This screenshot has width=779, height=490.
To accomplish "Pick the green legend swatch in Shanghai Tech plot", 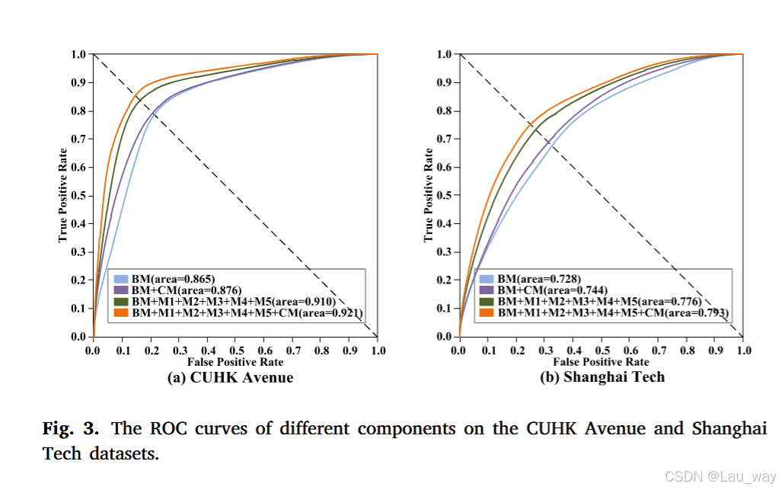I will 484,302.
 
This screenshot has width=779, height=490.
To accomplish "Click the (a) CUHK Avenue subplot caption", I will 230,377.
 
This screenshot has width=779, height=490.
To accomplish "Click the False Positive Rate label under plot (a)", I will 235,362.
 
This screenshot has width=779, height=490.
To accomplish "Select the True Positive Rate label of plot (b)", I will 429,195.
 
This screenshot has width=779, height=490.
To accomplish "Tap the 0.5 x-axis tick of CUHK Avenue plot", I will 235,351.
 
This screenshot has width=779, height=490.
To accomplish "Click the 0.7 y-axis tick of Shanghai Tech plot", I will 445,139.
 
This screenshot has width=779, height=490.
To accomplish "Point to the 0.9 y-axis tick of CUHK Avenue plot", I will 78,83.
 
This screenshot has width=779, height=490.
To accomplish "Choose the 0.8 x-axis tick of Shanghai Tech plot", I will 687,351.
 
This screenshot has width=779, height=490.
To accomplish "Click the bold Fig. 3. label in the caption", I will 70,428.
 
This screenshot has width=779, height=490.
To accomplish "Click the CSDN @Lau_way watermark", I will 720,477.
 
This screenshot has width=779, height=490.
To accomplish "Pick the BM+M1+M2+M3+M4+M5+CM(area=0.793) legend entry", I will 606,312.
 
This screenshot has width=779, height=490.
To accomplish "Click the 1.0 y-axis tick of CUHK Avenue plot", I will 78,55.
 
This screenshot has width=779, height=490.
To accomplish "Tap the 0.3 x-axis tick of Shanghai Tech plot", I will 544,351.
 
